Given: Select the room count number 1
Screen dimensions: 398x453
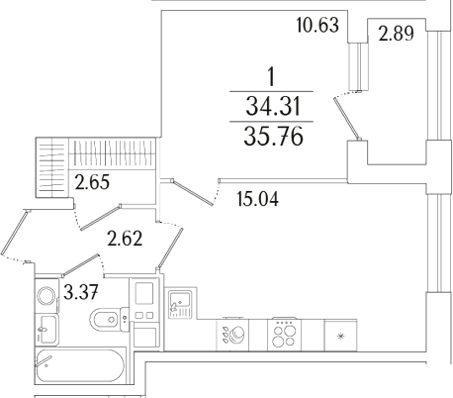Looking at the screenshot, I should (271, 75).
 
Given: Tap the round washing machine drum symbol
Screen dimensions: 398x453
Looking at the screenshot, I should (46, 295).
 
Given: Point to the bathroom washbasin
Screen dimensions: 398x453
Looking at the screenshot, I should (46, 326).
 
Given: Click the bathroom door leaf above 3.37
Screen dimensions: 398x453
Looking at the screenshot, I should (89, 265).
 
